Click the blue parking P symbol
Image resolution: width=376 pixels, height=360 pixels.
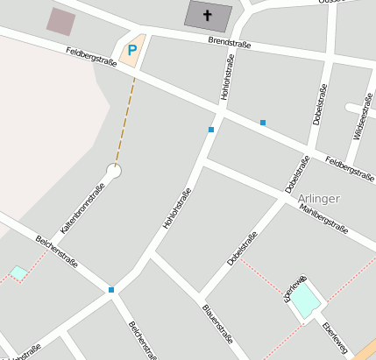coord(132,51)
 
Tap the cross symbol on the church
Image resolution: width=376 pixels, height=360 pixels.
coord(208,15)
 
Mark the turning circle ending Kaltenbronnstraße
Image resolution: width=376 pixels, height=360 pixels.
coord(113,170)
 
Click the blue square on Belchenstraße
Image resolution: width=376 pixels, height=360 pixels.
coord(111,289)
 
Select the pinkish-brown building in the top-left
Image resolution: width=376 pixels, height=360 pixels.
coord(61,21)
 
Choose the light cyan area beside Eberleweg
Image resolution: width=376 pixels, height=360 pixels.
coord(303,302)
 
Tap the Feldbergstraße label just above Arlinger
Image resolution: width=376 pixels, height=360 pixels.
coord(350,170)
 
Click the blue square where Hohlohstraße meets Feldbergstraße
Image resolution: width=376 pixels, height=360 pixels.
coord(210,130)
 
